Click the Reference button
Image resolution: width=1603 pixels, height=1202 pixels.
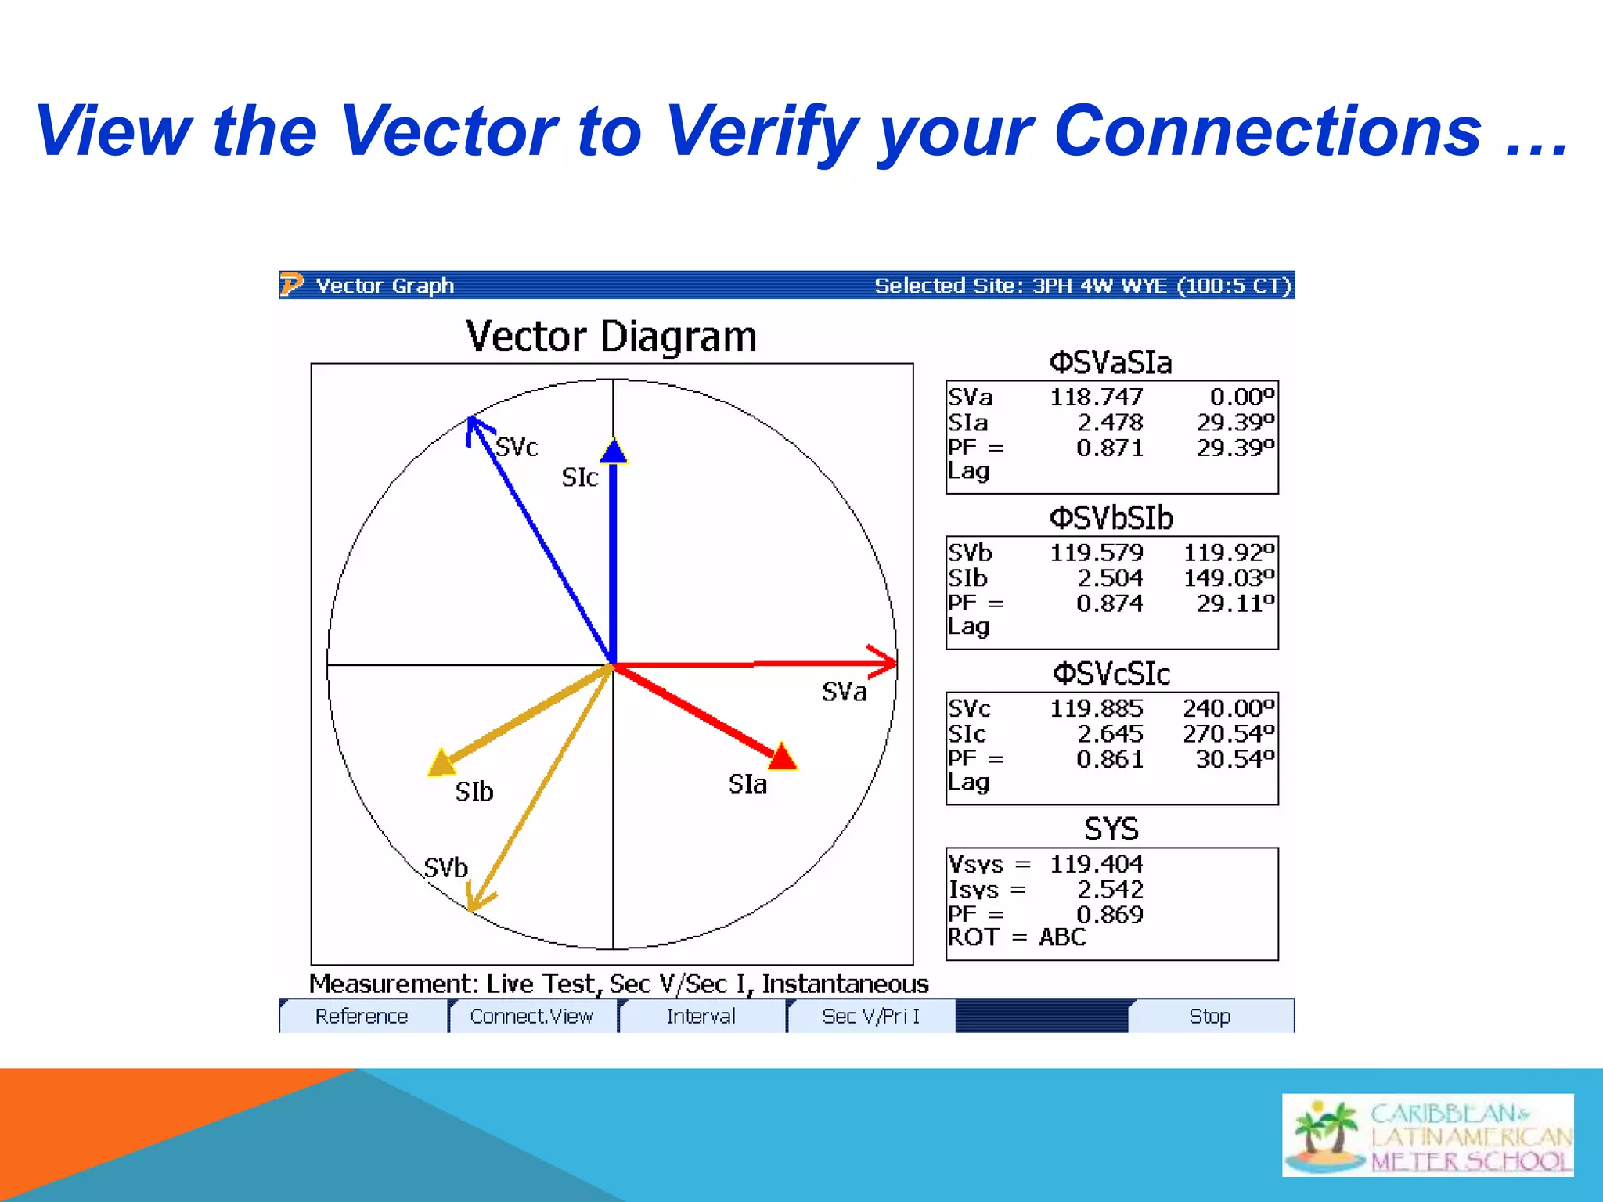click(x=362, y=1016)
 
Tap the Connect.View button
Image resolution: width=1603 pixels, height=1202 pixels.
click(x=531, y=1016)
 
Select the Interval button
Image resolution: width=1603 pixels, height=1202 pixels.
click(x=701, y=1016)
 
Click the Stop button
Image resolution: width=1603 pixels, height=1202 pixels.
click(x=1209, y=1016)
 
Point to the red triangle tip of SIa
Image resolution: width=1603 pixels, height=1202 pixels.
click(x=782, y=758)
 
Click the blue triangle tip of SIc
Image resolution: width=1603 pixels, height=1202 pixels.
click(x=614, y=451)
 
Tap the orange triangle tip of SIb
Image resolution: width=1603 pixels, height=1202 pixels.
click(x=442, y=762)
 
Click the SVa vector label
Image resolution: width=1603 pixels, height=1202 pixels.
click(x=844, y=692)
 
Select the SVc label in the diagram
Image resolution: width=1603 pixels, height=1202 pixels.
click(x=517, y=447)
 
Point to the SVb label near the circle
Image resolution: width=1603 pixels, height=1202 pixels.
click(x=445, y=868)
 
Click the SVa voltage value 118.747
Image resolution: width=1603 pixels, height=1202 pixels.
click(x=1096, y=398)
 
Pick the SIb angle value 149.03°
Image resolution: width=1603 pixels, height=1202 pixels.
click(x=1228, y=578)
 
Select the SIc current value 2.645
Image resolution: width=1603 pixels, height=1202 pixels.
click(x=1110, y=734)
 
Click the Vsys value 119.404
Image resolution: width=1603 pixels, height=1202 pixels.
click(x=1096, y=864)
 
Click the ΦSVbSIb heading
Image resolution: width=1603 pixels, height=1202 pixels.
click(x=1111, y=518)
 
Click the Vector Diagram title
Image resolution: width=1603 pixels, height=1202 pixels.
click(x=611, y=337)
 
